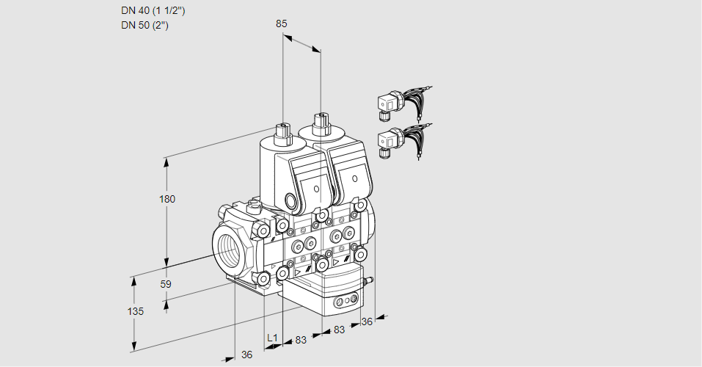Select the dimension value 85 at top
[282, 23]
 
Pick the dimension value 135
[135, 311]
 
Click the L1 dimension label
[272, 338]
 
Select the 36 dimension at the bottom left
[246, 355]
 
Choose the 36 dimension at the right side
[368, 321]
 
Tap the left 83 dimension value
[300, 340]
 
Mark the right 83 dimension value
[339, 330]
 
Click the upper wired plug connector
[389, 103]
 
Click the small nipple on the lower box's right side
[370, 280]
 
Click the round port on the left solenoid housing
[292, 201]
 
